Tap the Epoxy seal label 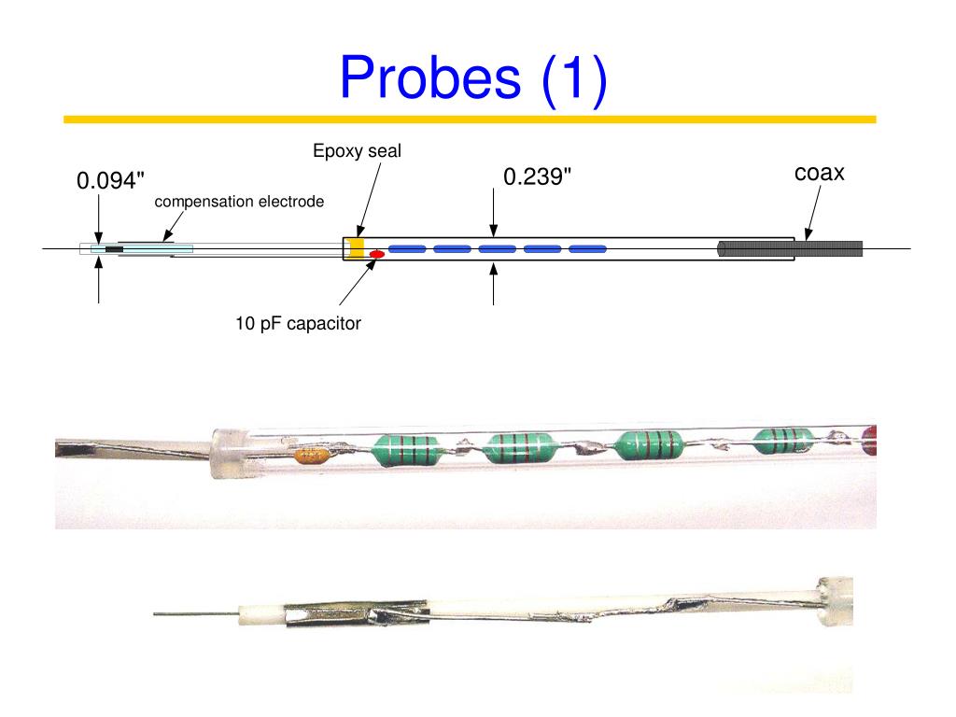point(357,150)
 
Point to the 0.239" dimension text point(537,176)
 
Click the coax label point(820,173)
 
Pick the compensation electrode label point(239,202)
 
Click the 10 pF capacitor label point(298,324)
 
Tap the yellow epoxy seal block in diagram point(356,248)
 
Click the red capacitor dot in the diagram point(378,253)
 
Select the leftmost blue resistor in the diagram point(407,249)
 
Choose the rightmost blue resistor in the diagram point(587,249)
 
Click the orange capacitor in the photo point(310,456)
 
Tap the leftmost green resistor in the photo point(406,447)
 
